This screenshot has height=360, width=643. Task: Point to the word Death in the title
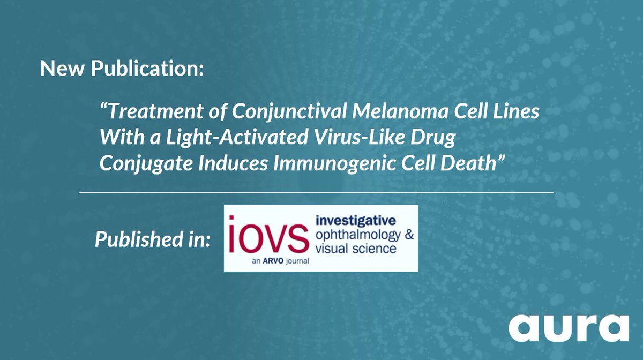[x=472, y=163]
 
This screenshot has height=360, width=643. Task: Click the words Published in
[x=153, y=239]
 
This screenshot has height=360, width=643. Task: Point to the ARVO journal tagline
[x=280, y=262]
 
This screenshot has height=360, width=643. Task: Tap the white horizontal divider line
[x=316, y=192]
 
